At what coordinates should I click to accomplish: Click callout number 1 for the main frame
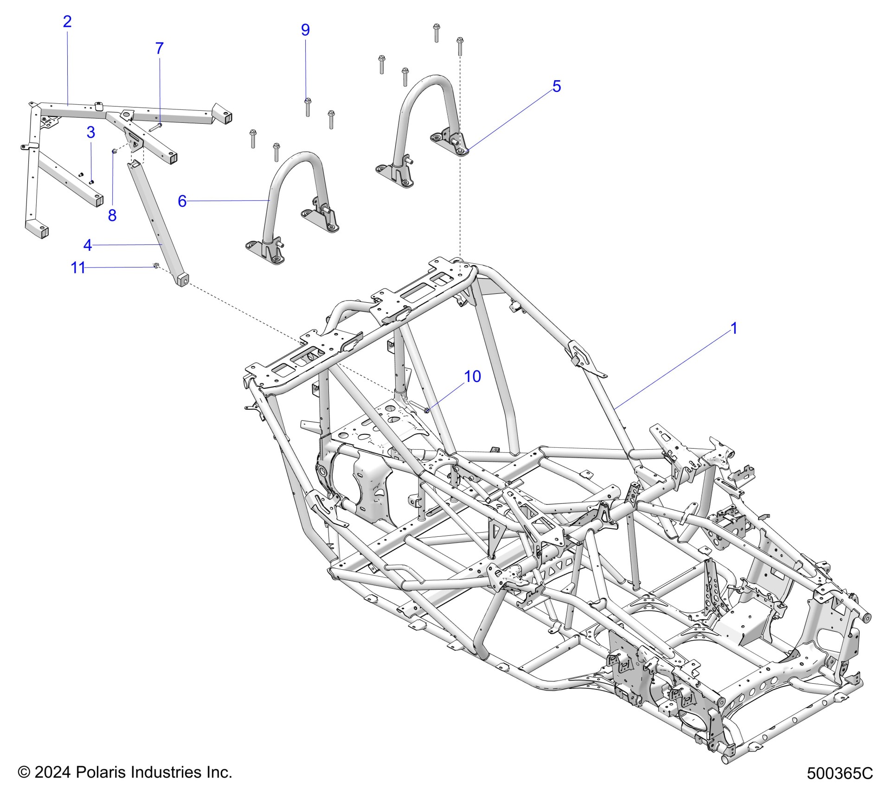pyautogui.click(x=733, y=328)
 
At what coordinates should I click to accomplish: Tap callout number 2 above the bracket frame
pyautogui.click(x=67, y=21)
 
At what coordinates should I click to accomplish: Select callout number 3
pyautogui.click(x=91, y=132)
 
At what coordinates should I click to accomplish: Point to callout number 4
pyautogui.click(x=88, y=245)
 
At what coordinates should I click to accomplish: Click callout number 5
pyautogui.click(x=557, y=86)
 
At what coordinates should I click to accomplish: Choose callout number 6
pyautogui.click(x=182, y=201)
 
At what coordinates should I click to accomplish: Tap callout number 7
pyautogui.click(x=159, y=48)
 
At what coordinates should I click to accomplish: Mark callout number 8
pyautogui.click(x=112, y=215)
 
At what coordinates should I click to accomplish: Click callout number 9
pyautogui.click(x=305, y=30)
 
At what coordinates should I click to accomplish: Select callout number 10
pyautogui.click(x=472, y=376)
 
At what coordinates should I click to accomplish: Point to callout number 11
pyautogui.click(x=77, y=267)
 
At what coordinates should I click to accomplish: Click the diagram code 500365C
pyautogui.click(x=840, y=774)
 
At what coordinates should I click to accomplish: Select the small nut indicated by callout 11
pyautogui.click(x=156, y=265)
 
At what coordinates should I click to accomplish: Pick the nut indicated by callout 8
pyautogui.click(x=114, y=151)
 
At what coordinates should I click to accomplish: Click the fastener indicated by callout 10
pyautogui.click(x=426, y=410)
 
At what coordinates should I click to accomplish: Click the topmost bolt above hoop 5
pyautogui.click(x=436, y=32)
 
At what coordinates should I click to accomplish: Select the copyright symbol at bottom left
pyautogui.click(x=24, y=772)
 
